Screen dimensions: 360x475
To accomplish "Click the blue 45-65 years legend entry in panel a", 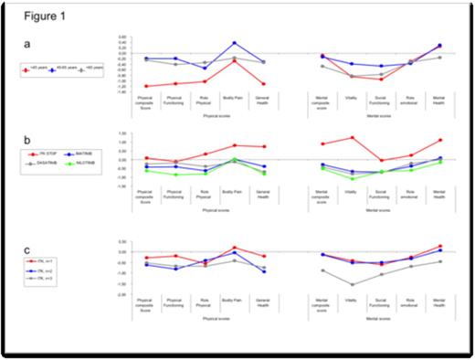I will pos(65,69).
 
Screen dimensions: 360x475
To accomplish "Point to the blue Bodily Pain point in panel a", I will pos(235,43).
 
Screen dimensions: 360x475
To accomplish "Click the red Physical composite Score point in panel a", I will pos(147,86).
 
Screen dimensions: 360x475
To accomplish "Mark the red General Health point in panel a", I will pos(264,84).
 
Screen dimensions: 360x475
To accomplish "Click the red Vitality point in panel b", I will pos(352,137).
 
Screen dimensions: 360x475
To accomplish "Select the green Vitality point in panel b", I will pos(352,178).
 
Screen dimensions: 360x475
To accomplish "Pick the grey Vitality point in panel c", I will pos(352,285).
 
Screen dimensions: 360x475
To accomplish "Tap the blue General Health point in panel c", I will pos(264,271).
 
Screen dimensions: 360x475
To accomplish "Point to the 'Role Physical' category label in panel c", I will pos(206,302).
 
